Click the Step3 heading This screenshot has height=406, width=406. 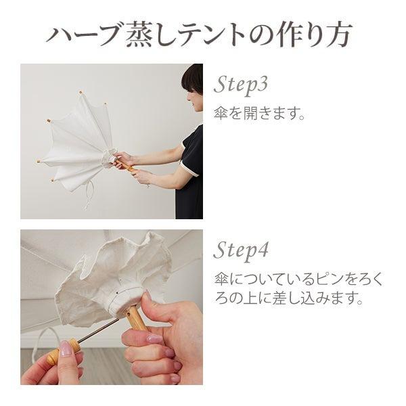coord(242,85)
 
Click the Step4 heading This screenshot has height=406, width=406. coord(242,250)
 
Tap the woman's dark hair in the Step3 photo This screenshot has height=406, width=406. coord(194,78)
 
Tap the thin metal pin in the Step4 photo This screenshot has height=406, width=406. coord(95,334)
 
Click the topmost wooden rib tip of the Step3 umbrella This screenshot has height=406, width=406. coord(80,91)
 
